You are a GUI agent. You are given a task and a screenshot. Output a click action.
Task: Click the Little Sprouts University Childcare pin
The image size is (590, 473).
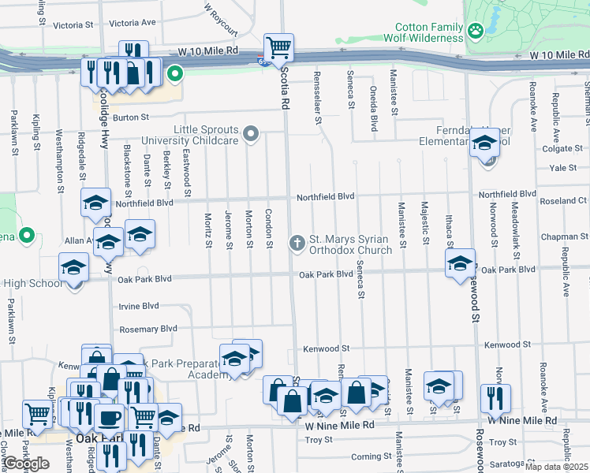tap(251, 133)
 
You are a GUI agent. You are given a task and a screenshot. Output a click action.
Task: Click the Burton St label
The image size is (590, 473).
tap(131, 117)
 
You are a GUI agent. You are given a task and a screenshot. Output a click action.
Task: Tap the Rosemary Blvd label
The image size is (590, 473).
tap(147, 329)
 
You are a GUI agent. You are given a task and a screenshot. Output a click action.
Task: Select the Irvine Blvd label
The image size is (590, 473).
tap(139, 306)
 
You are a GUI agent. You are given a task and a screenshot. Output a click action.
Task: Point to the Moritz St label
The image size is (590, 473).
tap(208, 230)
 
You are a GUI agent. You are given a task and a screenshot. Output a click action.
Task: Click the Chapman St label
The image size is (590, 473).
tap(560, 236)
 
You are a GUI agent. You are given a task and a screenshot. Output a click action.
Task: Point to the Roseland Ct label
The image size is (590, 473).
tap(563, 201)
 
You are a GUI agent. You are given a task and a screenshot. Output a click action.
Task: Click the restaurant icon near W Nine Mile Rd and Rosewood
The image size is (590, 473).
tap(495, 396)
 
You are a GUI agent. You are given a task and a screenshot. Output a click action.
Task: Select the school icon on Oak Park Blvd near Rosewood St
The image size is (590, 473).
tap(459, 264)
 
